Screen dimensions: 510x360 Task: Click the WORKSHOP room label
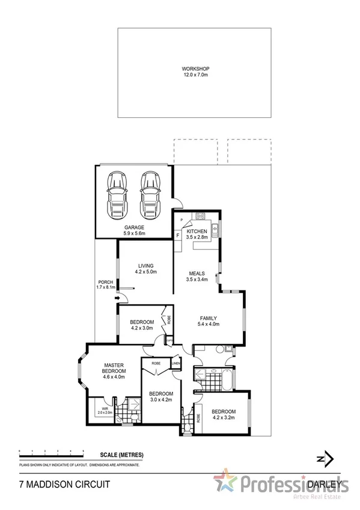coord(194,72)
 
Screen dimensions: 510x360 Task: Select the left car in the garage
coord(117,196)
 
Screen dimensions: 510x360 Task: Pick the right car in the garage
coord(149,196)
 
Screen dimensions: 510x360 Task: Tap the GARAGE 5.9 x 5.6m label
coord(134,230)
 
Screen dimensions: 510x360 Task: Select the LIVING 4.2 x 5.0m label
coord(146,269)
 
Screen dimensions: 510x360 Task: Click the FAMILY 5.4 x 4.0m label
coord(209,321)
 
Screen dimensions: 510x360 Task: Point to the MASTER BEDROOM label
coord(114,371)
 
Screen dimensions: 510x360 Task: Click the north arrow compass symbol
coord(323,459)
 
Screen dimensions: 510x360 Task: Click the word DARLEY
coord(327,483)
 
